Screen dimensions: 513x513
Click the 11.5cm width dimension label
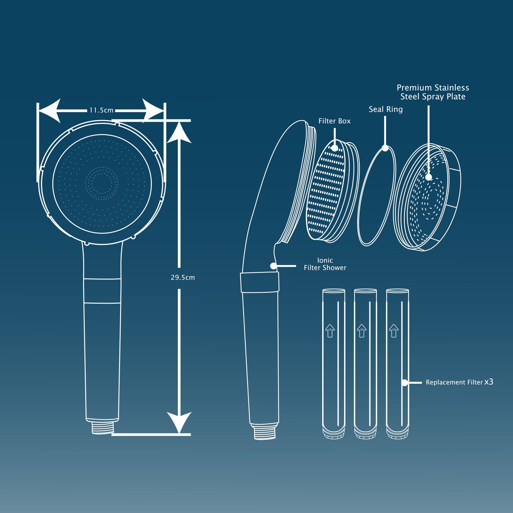point(101,110)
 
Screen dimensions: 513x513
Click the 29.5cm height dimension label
point(183,277)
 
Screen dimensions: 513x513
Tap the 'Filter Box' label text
point(334,121)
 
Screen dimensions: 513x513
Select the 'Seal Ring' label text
point(385,109)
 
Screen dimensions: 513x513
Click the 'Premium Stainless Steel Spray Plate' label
point(433,92)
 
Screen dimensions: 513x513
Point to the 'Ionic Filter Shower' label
point(325,264)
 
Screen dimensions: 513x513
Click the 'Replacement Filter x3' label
point(459,382)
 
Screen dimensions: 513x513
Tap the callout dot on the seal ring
point(385,148)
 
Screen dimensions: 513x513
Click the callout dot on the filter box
point(334,148)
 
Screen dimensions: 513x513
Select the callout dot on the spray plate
point(428,177)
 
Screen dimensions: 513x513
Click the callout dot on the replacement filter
point(405,383)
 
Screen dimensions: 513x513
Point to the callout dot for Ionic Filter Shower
point(273,266)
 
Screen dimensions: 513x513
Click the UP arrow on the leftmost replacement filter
point(330,330)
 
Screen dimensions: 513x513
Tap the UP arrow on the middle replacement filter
point(361,330)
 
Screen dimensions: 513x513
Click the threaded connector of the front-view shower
point(102,427)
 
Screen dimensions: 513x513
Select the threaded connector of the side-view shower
point(264,431)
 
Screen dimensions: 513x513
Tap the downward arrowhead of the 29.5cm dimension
point(179,422)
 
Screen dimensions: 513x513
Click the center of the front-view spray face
point(102,184)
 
